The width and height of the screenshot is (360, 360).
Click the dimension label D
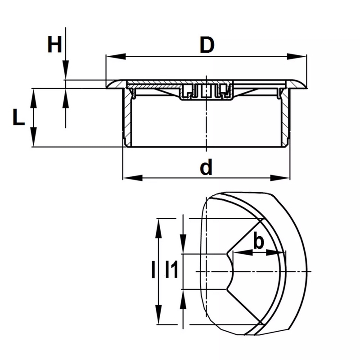(x=206, y=46)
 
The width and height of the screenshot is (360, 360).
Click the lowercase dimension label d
(x=206, y=168)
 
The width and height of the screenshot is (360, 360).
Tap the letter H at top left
(x=55, y=45)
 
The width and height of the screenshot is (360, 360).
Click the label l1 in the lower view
(x=171, y=270)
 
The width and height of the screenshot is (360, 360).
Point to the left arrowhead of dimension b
(x=237, y=253)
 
